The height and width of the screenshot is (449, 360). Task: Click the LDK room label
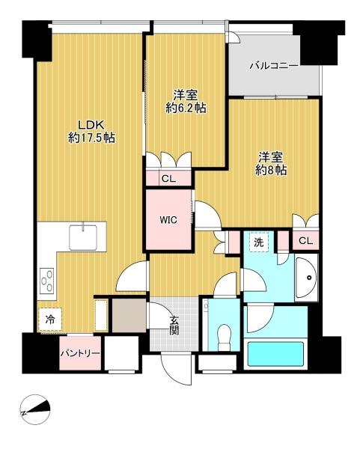[x=91, y=125]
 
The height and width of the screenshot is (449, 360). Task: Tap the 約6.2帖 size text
[x=186, y=108]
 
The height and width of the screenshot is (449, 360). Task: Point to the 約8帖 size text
[x=271, y=171]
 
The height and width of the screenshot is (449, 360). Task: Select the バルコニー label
[x=274, y=66]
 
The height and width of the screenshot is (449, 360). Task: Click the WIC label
[x=168, y=220]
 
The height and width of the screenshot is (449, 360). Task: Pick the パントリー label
[x=80, y=353]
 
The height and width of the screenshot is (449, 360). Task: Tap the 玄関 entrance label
[x=174, y=326]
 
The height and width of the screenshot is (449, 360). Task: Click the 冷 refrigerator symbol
[x=50, y=320]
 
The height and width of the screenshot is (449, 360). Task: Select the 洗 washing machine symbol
[x=259, y=242]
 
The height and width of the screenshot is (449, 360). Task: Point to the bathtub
[x=275, y=354]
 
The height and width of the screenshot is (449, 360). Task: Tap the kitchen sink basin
[x=83, y=237]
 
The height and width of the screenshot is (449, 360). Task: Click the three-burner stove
[x=47, y=281]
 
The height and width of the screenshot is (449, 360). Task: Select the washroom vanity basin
[x=306, y=278]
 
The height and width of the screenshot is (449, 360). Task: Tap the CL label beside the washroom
[x=305, y=241]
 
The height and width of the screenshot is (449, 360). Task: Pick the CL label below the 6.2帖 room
[x=168, y=179]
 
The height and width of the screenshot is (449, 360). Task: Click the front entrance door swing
[x=176, y=370]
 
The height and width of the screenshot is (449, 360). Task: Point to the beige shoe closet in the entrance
[x=129, y=315]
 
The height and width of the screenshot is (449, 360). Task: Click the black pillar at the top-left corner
[x=37, y=40]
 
